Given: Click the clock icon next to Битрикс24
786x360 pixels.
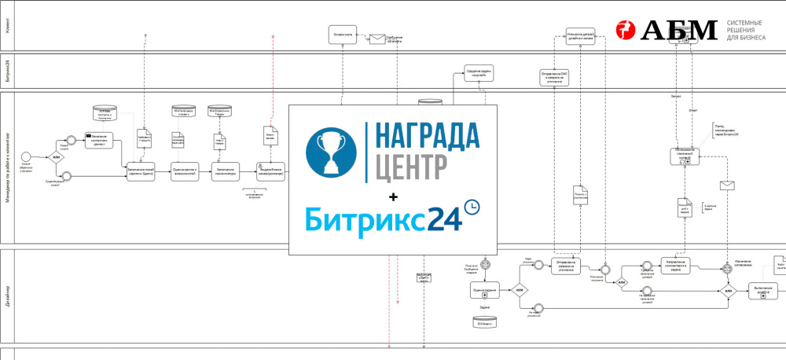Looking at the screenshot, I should coord(472,207).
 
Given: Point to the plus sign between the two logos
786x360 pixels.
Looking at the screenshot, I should coord(393,194).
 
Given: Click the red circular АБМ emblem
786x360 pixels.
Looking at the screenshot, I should coord(625,30).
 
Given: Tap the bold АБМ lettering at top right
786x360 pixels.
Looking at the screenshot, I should coord(679,30).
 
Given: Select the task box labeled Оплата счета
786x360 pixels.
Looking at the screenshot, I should coord(343,35).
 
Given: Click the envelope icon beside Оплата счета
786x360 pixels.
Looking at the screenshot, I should coord(376,38).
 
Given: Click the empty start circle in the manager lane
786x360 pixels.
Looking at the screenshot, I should coord(25,155).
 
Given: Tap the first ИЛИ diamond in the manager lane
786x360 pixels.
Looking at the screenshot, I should coord(57,157).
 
